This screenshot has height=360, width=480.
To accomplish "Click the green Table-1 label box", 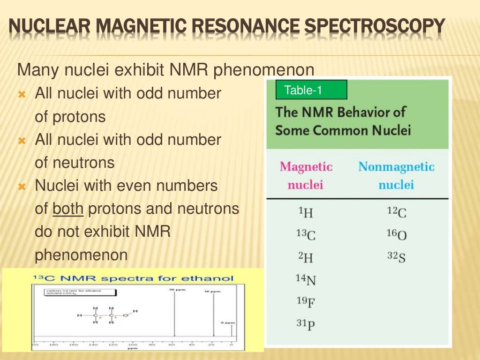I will click(311, 90).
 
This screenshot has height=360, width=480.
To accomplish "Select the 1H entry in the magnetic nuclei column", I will click(306, 213).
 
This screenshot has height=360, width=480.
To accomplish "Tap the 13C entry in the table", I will click(306, 234).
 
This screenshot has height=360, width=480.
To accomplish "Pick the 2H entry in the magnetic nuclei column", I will click(306, 256).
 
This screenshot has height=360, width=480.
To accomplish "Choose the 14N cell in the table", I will click(306, 279).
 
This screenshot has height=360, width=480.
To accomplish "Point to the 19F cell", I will click(306, 301).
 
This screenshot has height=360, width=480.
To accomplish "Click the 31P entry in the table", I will click(306, 324).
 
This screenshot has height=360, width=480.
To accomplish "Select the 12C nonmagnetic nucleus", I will click(397, 212).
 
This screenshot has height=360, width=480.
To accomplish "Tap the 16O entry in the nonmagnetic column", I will click(397, 234).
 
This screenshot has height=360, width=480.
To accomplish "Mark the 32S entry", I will click(397, 257).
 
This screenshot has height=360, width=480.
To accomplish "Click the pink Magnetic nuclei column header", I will click(306, 175).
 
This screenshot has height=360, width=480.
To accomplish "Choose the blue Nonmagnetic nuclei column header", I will click(396, 175).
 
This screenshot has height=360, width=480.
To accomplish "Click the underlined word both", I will click(68, 209).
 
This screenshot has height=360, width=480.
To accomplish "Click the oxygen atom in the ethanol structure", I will click(125, 315).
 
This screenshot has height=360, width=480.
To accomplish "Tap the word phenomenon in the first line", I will click(264, 70).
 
